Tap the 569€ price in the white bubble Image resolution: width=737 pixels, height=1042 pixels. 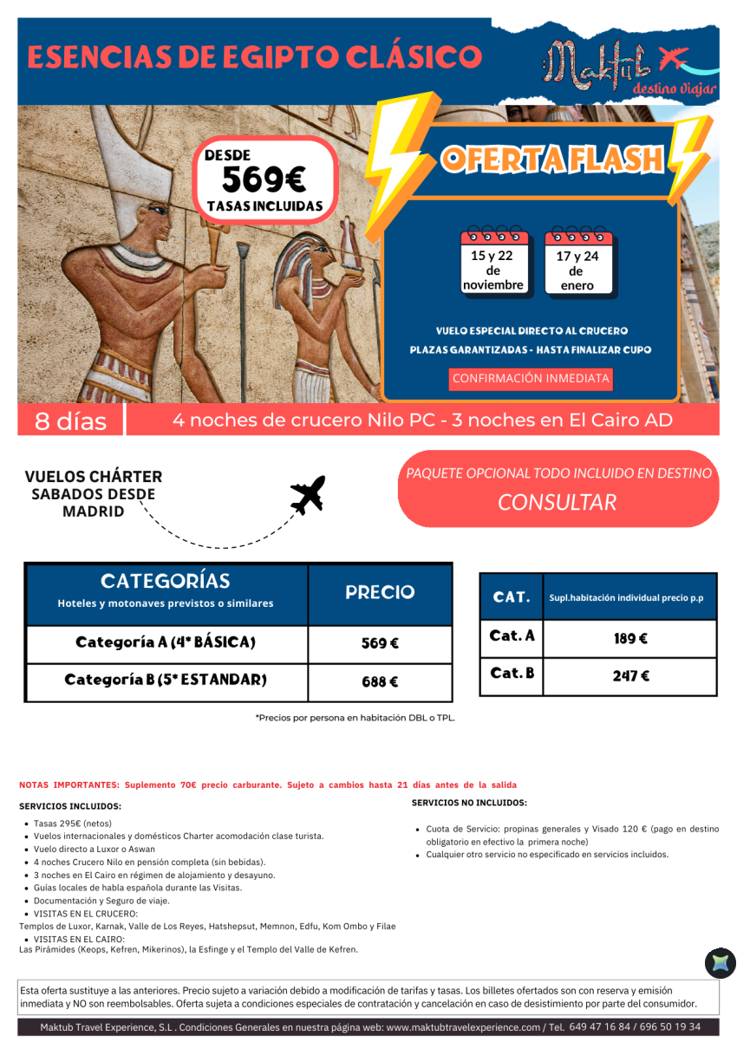tap(264, 179)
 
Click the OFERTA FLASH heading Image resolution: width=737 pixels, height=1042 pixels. tap(551, 159)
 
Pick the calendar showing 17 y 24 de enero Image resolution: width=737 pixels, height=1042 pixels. tap(577, 264)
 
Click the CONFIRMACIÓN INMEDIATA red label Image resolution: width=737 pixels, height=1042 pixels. tap(532, 379)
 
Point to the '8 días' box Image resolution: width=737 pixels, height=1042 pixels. tap(71, 421)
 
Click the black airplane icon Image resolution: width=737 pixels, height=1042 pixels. tap(307, 495)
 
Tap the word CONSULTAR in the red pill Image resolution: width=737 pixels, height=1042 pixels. tap(558, 503)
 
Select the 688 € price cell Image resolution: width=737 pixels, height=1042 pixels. tap(380, 682)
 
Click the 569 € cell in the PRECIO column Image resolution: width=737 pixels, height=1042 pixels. tap(380, 644)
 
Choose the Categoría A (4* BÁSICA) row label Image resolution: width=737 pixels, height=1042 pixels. tap(166, 643)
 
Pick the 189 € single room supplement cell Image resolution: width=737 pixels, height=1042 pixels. tap(630, 639)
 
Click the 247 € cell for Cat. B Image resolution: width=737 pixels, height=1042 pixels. tap(630, 676)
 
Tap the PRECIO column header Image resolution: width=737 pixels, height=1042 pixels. tap(380, 593)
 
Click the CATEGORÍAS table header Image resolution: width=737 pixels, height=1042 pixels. tap(166, 581)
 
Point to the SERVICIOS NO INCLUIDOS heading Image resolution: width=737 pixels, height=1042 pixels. tap(469, 804)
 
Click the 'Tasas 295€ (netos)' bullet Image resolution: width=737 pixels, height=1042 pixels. tap(73, 824)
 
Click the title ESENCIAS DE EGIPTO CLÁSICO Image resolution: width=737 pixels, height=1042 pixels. tap(255, 57)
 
